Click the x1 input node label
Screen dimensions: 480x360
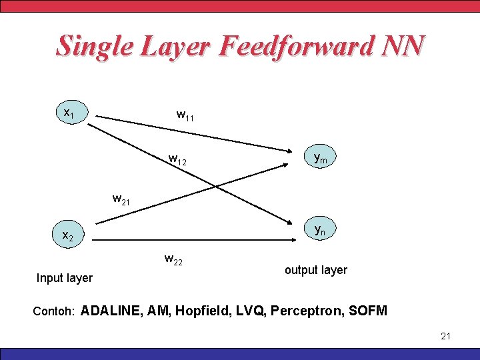click(68, 114)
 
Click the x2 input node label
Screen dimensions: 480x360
click(68, 235)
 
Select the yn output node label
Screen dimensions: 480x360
click(320, 231)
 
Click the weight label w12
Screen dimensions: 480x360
click(177, 160)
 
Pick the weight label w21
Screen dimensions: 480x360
click(122, 199)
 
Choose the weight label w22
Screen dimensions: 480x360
click(173, 259)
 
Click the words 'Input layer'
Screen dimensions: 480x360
click(65, 277)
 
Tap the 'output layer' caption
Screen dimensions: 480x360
click(316, 270)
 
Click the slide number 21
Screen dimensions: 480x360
click(446, 336)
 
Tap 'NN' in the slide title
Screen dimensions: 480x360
click(403, 46)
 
